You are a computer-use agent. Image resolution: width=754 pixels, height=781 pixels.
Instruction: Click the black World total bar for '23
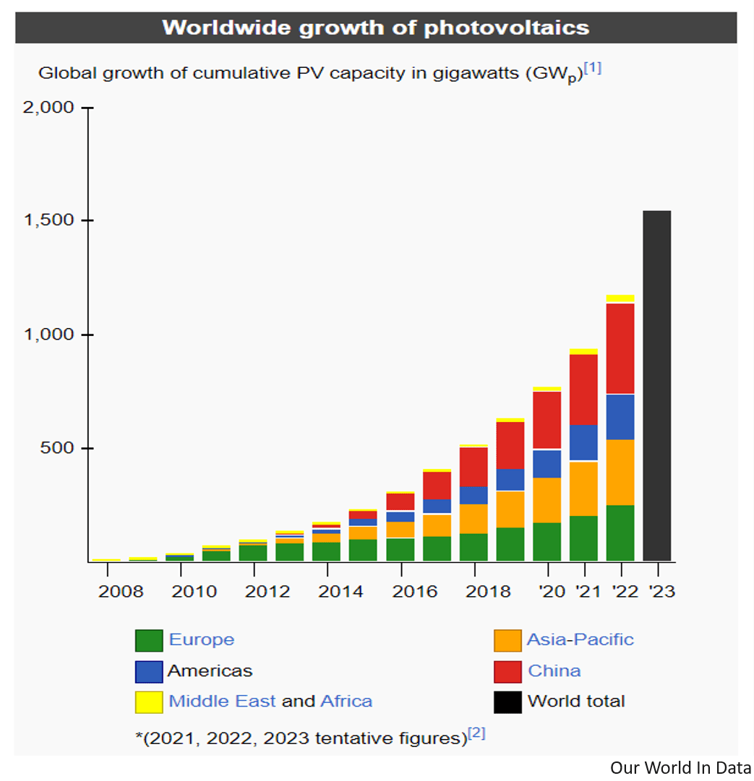click(x=657, y=386)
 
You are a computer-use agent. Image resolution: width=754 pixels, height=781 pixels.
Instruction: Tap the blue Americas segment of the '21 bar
click(x=583, y=442)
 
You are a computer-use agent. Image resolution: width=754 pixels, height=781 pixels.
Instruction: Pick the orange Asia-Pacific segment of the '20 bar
click(x=547, y=500)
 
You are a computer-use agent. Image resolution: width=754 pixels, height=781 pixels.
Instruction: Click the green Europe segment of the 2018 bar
click(x=474, y=547)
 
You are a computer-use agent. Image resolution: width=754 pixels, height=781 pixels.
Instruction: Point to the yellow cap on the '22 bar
click(x=620, y=298)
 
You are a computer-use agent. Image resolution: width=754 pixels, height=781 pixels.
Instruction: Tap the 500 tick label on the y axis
click(x=57, y=448)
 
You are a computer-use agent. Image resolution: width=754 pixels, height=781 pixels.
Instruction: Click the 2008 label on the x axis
click(x=121, y=592)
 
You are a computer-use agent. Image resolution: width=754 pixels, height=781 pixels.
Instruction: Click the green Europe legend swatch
click(x=148, y=640)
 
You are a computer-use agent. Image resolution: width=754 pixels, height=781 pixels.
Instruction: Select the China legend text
click(x=554, y=670)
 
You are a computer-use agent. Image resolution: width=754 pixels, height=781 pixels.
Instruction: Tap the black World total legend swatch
click(x=507, y=702)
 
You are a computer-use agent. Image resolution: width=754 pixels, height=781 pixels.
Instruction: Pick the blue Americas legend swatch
click(x=148, y=671)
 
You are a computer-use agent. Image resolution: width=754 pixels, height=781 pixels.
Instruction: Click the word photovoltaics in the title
click(x=507, y=27)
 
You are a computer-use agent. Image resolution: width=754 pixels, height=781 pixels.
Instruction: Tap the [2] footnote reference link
click(x=476, y=733)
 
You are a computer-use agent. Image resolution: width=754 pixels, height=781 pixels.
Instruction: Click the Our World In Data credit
click(x=680, y=767)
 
